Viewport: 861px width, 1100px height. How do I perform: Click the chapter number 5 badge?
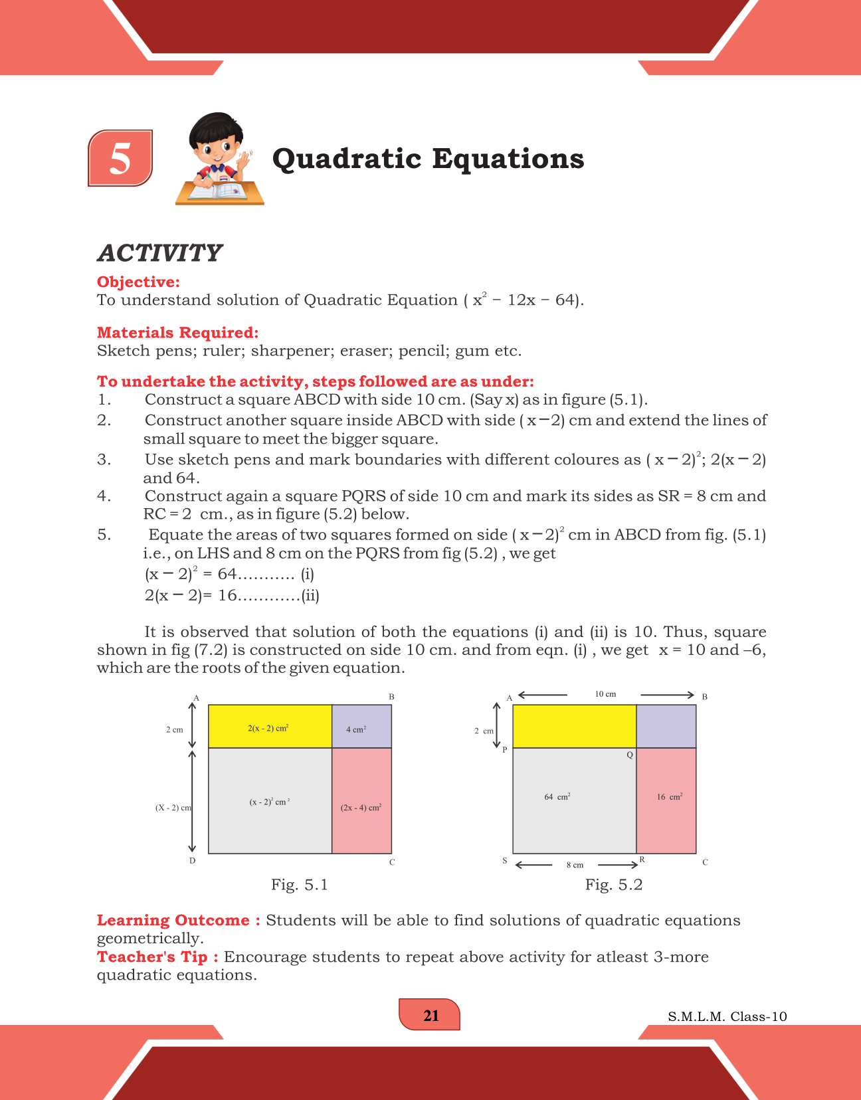(120, 159)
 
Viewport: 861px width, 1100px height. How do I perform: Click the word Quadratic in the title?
(347, 159)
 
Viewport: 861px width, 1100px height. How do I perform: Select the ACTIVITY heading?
(159, 253)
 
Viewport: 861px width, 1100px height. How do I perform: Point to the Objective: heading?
(138, 282)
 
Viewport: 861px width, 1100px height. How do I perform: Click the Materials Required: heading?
(177, 333)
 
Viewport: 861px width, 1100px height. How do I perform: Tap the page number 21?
(430, 1016)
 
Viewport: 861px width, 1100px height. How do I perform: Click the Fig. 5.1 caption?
(300, 885)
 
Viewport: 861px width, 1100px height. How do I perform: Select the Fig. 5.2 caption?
(614, 885)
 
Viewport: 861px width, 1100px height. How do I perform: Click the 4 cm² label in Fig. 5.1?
(356, 729)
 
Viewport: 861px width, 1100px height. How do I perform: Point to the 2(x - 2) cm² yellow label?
(268, 728)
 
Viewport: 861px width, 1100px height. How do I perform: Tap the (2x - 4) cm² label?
(361, 808)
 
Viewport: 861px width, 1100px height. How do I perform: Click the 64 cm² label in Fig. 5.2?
(557, 796)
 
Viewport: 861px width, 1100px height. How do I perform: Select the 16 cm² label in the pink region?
(670, 796)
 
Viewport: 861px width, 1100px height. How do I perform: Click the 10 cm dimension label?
(605, 694)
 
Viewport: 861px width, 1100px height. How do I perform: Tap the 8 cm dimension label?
(575, 865)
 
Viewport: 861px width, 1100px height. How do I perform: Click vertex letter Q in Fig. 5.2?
(630, 755)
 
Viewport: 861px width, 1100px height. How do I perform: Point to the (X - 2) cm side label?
(173, 808)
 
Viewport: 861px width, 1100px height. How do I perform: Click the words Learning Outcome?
(173, 921)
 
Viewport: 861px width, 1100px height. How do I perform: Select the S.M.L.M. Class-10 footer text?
(727, 1017)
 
